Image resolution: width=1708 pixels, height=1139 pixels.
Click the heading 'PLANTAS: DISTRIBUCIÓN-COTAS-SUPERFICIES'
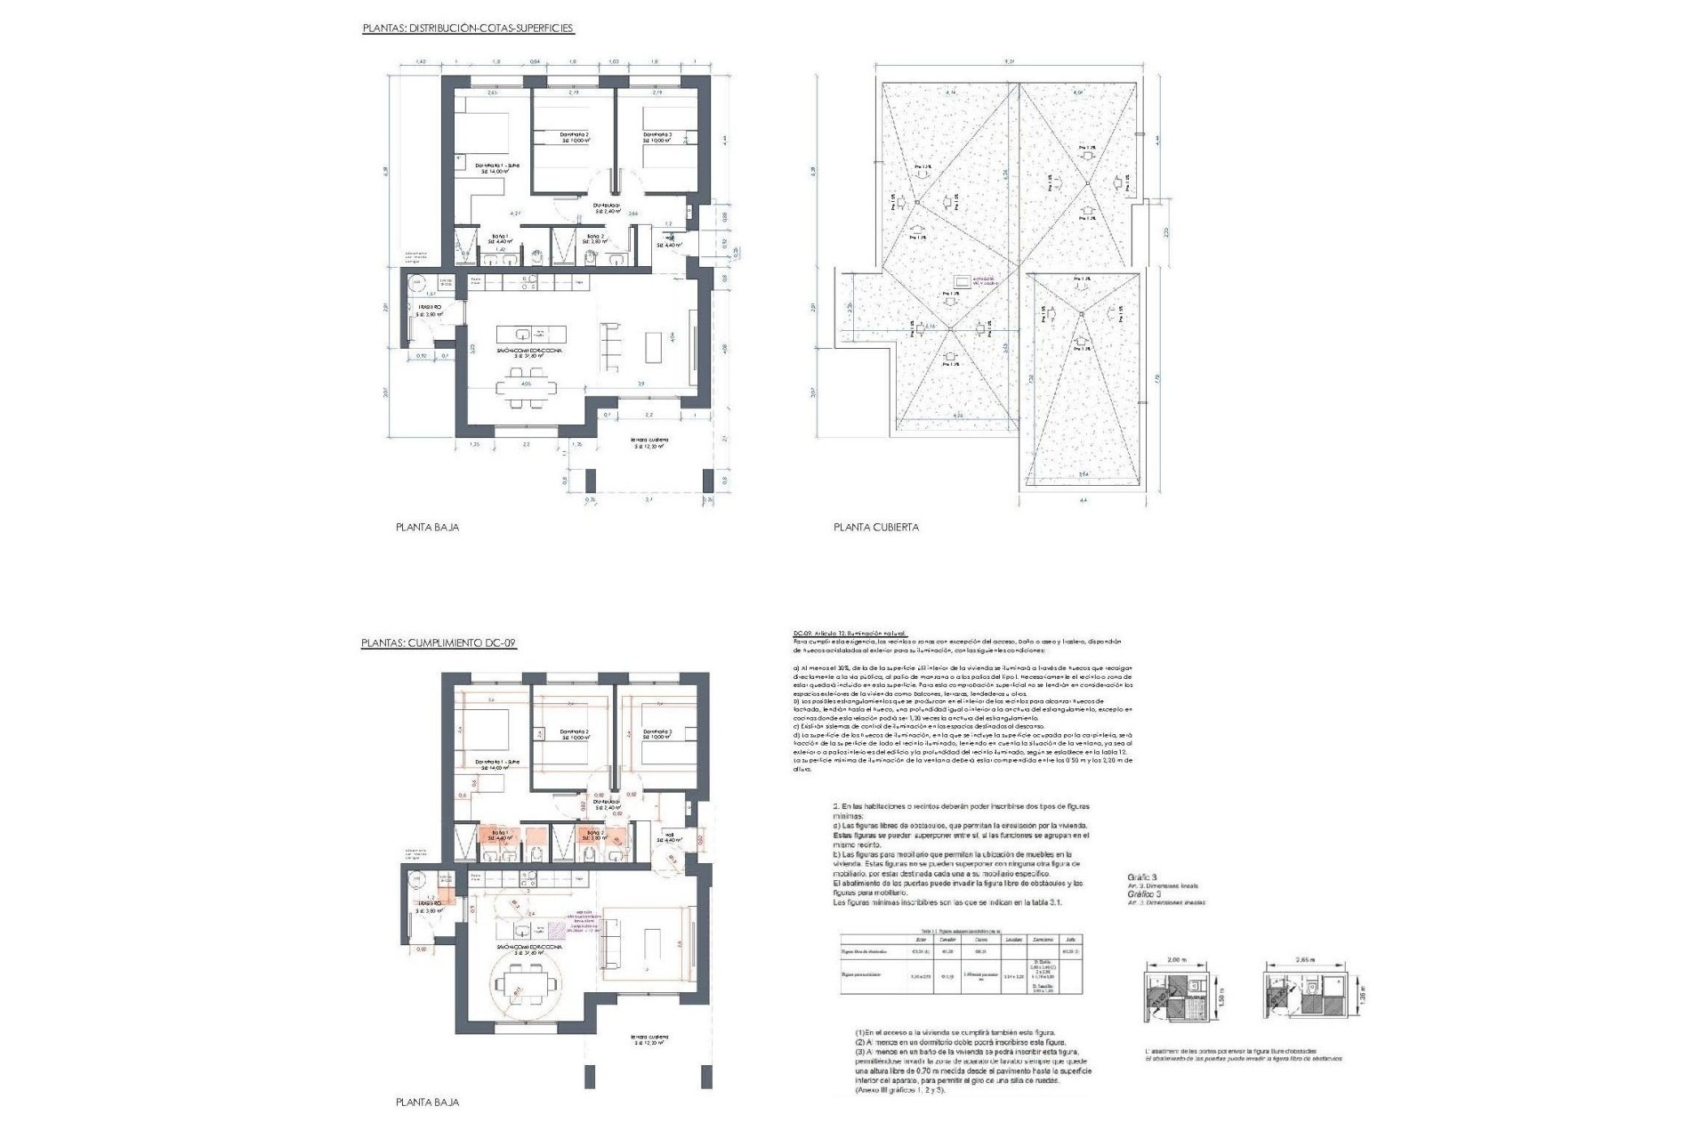[x=468, y=28]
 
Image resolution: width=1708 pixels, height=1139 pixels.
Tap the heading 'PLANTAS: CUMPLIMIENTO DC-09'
[x=439, y=642]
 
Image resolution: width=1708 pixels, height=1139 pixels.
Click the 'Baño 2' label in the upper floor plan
[x=595, y=236]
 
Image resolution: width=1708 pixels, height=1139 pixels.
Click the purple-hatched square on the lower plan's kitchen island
[x=557, y=929]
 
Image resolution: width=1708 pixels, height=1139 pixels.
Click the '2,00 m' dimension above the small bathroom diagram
[x=1177, y=961]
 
